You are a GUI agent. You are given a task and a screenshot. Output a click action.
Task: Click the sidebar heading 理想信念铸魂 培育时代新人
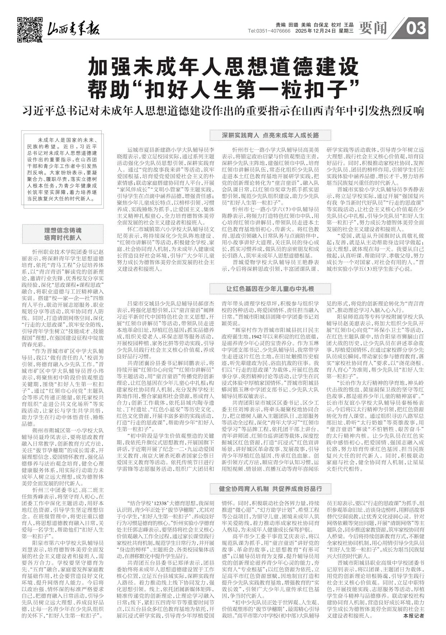(62, 234)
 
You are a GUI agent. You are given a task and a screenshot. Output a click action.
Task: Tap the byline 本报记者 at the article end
(413, 616)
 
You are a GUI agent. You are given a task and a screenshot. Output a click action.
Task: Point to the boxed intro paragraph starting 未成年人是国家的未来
(62, 169)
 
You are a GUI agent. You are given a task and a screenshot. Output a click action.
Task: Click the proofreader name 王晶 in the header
(349, 25)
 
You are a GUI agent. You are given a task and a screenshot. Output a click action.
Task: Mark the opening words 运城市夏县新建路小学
(154, 149)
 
